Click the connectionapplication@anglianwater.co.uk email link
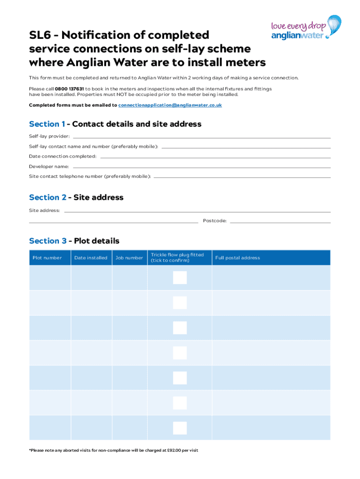170,105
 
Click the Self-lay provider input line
201,137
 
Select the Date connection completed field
215,157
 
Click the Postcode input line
280,222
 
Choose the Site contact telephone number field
242,177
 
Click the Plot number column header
47,258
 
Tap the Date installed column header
91,258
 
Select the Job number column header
130,258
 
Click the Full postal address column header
238,258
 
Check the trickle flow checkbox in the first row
180,278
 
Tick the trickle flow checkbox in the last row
180,428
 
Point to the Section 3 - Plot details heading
74,241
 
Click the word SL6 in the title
41,35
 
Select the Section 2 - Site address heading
76,197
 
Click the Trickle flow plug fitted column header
177,258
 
